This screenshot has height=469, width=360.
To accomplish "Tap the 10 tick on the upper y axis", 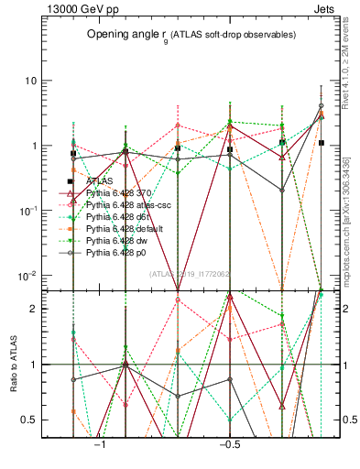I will [29, 81].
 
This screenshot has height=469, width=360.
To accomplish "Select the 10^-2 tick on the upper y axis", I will [27, 276].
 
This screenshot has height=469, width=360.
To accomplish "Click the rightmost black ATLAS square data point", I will [321, 143].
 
